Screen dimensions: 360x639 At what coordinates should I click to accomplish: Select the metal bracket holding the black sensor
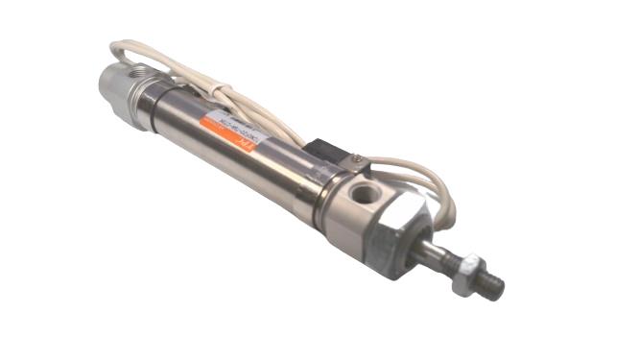[350, 167]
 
